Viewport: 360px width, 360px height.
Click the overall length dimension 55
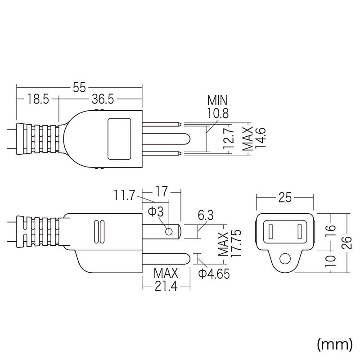79,87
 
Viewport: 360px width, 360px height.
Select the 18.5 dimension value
38,99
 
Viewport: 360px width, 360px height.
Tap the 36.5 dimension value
103,99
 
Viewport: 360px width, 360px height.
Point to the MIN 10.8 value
218,113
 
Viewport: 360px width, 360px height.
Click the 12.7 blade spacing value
229,139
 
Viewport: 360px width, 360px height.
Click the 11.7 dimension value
124,195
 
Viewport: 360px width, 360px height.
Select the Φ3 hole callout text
156,211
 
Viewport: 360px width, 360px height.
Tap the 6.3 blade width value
206,215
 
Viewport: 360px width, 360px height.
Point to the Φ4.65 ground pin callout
214,274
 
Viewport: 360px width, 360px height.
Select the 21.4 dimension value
166,286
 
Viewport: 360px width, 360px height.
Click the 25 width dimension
285,198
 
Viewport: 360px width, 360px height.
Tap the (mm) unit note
334,345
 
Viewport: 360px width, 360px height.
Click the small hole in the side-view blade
169,232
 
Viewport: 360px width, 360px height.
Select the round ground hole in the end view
285,259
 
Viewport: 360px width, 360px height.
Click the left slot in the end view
270,232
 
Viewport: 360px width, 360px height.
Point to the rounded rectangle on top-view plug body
119,139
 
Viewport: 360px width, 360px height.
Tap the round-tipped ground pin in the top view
166,139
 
